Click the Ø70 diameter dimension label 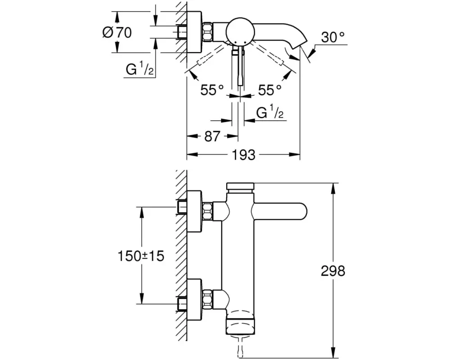(x=117, y=32)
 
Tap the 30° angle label (x=333, y=37)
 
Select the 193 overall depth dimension (x=243, y=155)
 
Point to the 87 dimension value (x=212, y=137)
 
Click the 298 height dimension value (x=333, y=271)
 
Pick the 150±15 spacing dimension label (x=141, y=256)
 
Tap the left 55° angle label (x=212, y=90)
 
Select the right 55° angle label (x=270, y=90)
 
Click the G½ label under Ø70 (x=139, y=69)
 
